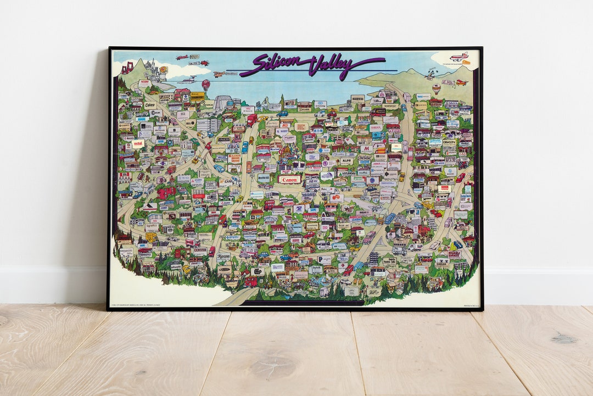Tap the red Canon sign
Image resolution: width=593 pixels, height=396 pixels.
pyautogui.click(x=289, y=180)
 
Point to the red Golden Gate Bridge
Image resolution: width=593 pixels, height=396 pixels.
pyautogui.click(x=127, y=68)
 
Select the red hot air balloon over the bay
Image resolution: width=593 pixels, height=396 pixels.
pyautogui.click(x=205, y=84)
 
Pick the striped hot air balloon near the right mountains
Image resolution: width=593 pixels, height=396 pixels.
pyautogui.click(x=437, y=88)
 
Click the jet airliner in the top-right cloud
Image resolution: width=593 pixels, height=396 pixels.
pyautogui.click(x=459, y=57)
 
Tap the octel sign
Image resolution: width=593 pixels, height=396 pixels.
pyautogui.click(x=138, y=143)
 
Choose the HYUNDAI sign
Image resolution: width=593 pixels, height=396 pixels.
pyautogui.click(x=346, y=174)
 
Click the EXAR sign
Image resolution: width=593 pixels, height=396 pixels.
pyautogui.click(x=227, y=181)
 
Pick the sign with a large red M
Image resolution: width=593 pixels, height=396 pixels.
pyautogui.click(x=365, y=148)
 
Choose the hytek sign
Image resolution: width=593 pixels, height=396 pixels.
pyautogui.click(x=316, y=269)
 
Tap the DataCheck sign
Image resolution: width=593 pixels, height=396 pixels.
pyautogui.click(x=466, y=196)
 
